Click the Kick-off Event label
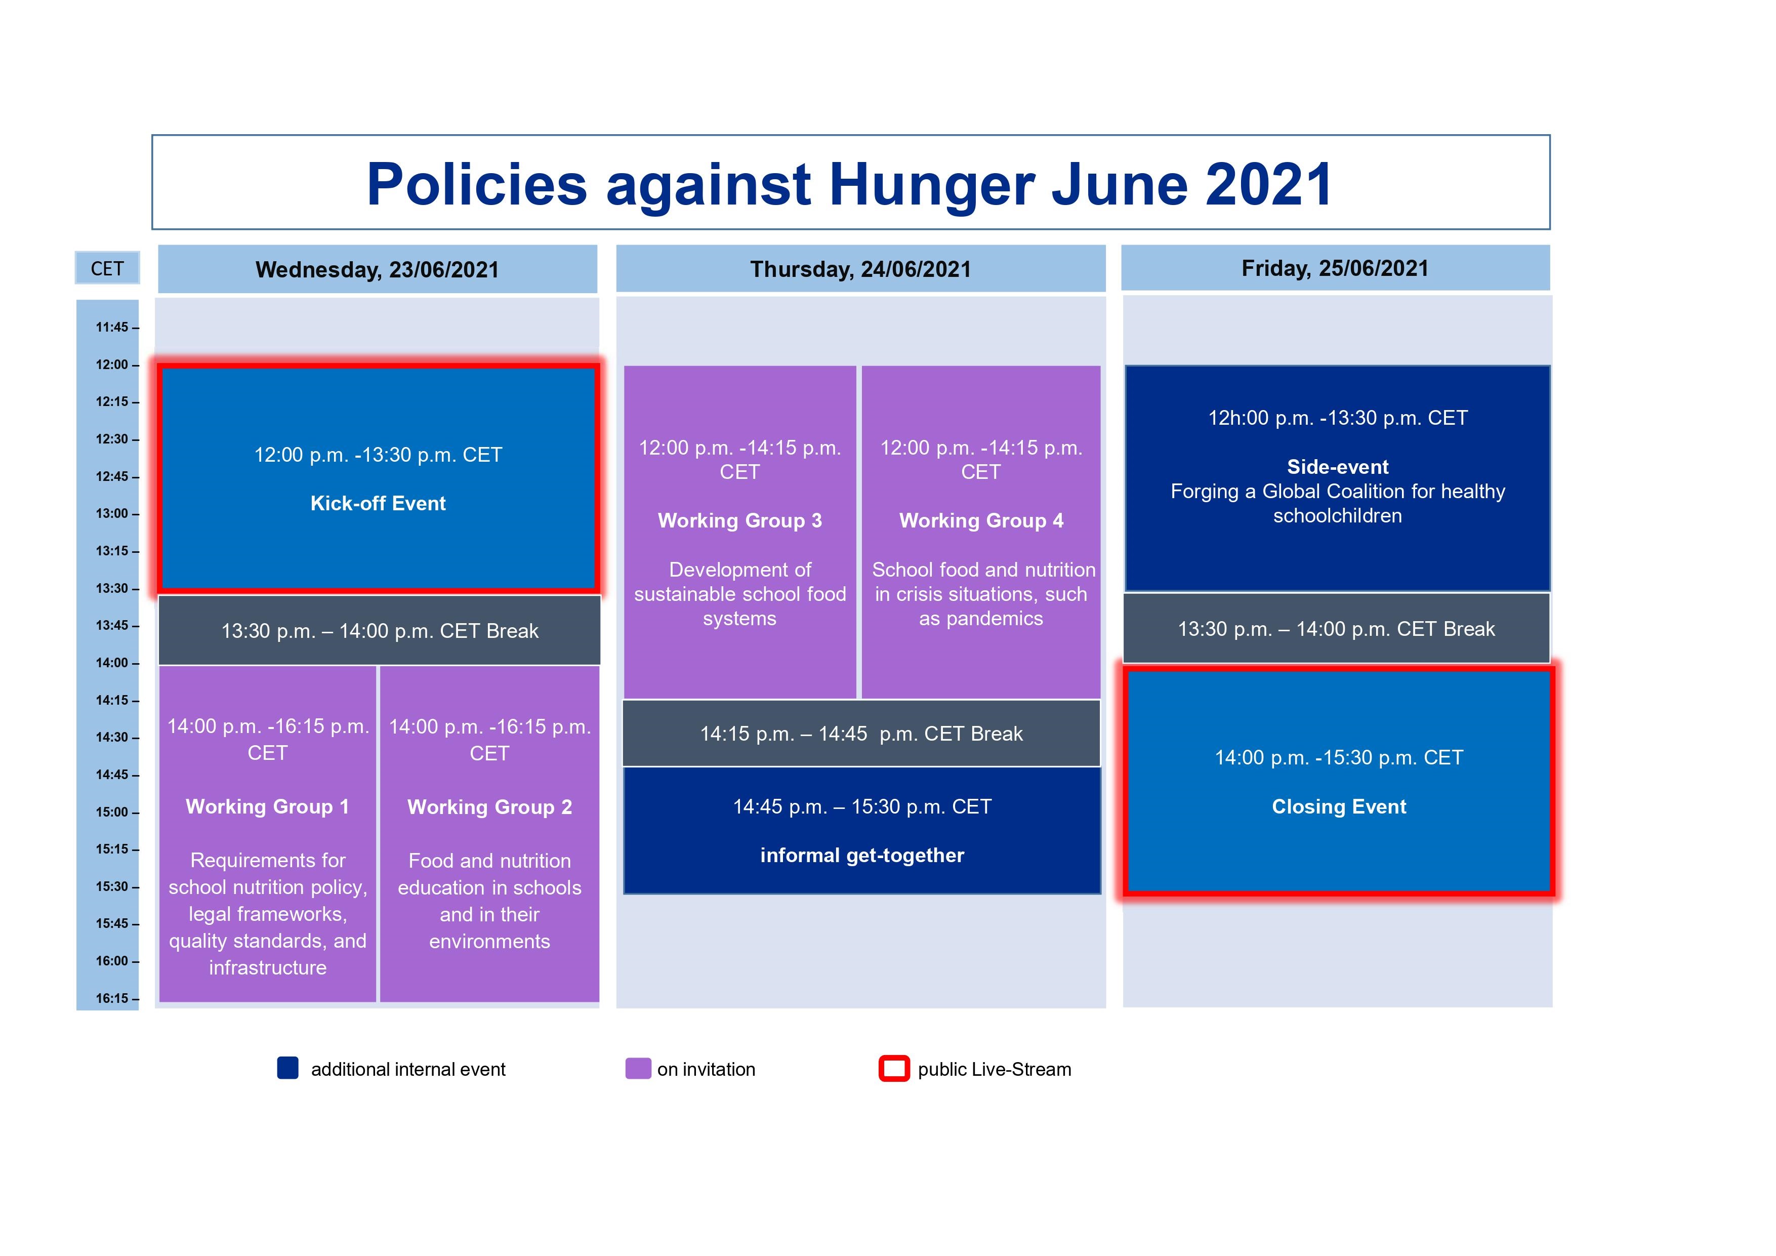[378, 504]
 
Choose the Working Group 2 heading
[489, 807]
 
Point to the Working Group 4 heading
[981, 521]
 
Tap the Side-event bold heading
[1337, 467]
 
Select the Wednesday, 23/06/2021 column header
[378, 269]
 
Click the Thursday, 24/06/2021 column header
[860, 269]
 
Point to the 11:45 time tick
[113, 328]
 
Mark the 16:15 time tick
[113, 998]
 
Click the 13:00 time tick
[113, 514]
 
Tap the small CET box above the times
[107, 268]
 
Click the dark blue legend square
[288, 1068]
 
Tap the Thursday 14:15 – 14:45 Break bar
[861, 734]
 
